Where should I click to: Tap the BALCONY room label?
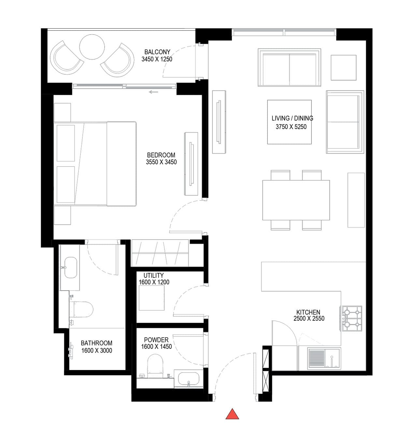coord(157,52)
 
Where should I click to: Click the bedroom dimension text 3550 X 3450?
coord(161,162)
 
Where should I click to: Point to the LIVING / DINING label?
coord(292,118)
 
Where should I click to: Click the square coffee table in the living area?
coord(289,122)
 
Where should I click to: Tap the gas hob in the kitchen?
coord(352,318)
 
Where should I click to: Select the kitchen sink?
coord(324,358)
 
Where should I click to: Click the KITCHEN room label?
coord(308,312)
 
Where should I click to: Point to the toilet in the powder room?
coord(155,366)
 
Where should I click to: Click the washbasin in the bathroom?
coord(70,267)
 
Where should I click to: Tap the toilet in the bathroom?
coord(81,309)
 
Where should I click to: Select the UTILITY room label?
coord(153,275)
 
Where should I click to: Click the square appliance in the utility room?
coord(151,298)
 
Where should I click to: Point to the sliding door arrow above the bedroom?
coord(153,92)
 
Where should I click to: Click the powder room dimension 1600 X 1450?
coord(156,347)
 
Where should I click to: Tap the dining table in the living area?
coord(296,200)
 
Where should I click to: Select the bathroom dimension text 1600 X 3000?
coord(96,350)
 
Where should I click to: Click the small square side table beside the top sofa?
coord(343,68)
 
